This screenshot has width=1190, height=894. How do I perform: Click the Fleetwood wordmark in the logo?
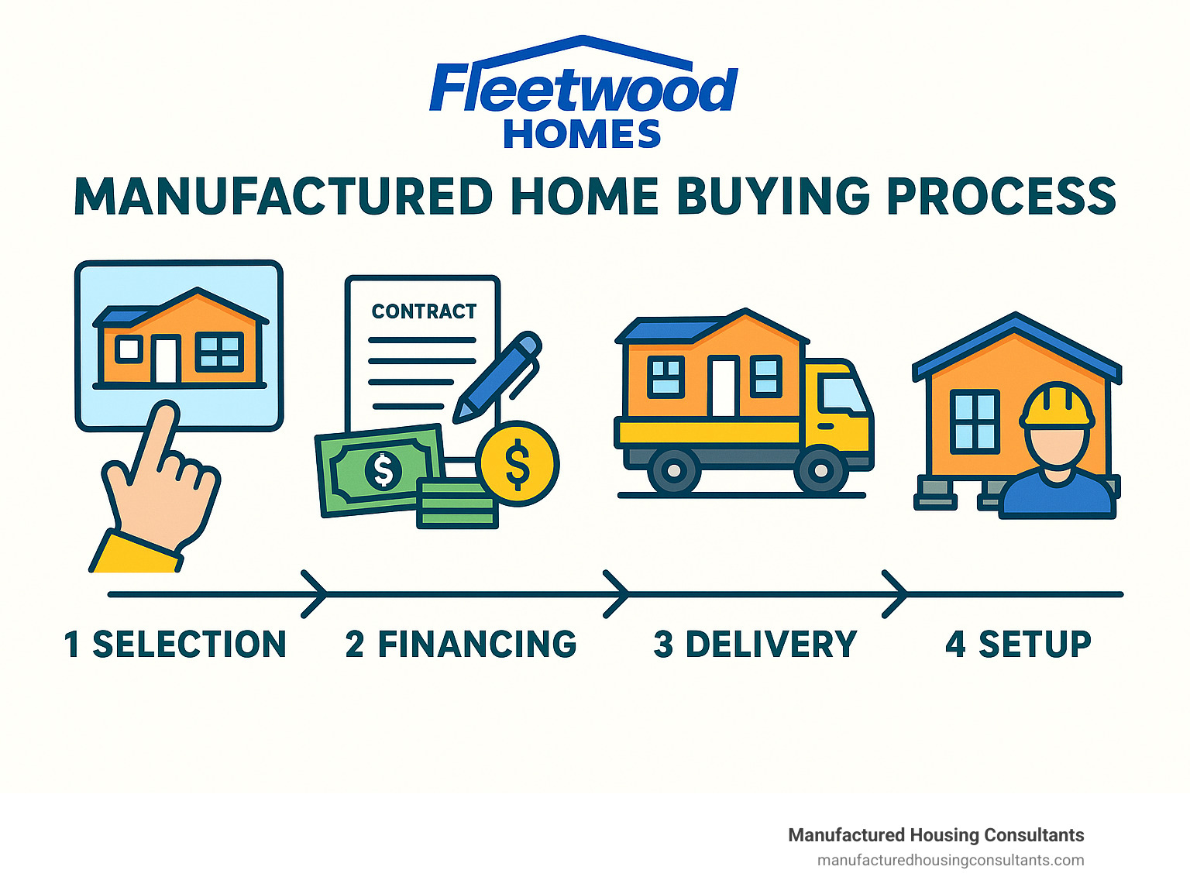click(x=583, y=88)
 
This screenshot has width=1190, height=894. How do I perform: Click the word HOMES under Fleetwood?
click(x=583, y=135)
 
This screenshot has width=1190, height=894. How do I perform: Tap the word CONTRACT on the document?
click(x=424, y=311)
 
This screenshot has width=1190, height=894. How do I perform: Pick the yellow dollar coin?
click(x=518, y=463)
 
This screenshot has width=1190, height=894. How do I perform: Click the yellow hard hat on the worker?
click(x=1057, y=404)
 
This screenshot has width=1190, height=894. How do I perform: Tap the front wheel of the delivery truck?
click(x=820, y=469)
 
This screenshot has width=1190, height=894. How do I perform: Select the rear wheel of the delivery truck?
click(x=674, y=469)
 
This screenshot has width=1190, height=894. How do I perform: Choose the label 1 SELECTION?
click(x=175, y=644)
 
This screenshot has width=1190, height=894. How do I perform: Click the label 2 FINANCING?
click(x=461, y=644)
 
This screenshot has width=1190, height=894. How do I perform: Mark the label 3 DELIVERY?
click(x=755, y=644)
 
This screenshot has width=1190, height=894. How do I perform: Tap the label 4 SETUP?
click(x=1018, y=644)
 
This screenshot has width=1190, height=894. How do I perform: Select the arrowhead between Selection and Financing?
click(x=315, y=594)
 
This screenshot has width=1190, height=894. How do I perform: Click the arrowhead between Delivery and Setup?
click(x=895, y=594)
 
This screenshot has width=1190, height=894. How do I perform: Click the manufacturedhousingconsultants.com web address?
click(x=951, y=861)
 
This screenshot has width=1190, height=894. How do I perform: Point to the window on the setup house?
click(x=975, y=421)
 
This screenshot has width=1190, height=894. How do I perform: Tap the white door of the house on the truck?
click(x=724, y=387)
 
